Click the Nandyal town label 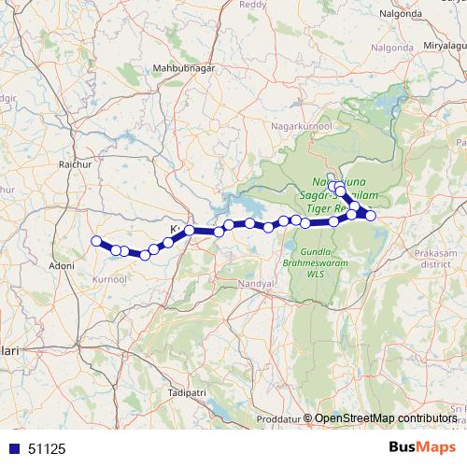[x=255, y=282]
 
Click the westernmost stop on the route [x=95, y=242]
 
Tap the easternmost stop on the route [x=371, y=216]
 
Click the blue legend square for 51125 [x=14, y=448]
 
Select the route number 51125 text [x=48, y=448]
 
